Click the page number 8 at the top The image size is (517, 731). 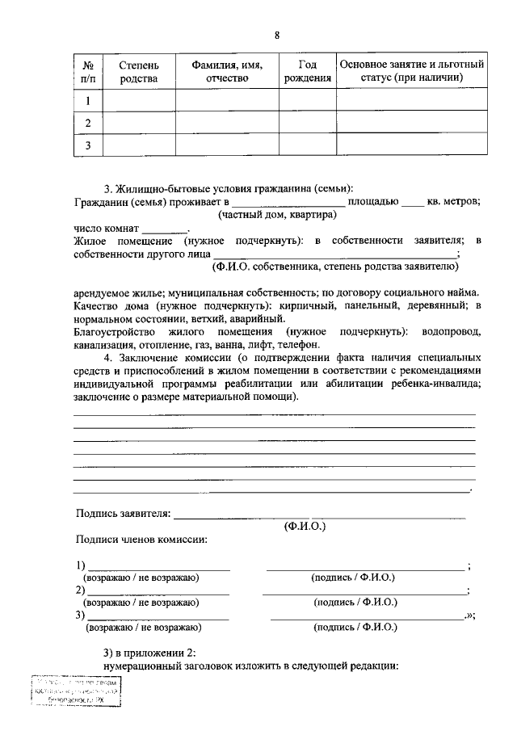coord(277,36)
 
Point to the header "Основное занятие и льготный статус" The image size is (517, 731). coord(412,71)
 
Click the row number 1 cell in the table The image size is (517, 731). coord(88,100)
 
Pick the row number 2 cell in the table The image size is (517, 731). coord(88,123)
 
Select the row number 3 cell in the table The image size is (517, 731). coord(88,145)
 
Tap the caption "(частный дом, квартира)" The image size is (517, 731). coord(277,215)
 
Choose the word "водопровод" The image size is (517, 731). coord(448,332)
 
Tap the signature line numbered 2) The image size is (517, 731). coord(158,590)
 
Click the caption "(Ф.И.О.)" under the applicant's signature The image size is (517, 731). coord(305,526)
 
